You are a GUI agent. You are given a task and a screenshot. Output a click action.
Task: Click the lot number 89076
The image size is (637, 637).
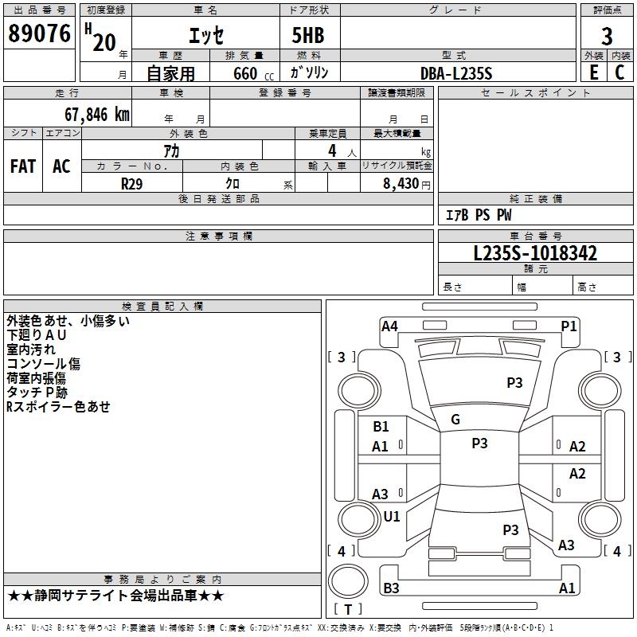(39, 33)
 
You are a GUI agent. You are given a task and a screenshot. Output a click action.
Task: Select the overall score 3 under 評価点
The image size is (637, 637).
(607, 37)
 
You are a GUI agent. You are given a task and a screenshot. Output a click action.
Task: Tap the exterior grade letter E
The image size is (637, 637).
(594, 72)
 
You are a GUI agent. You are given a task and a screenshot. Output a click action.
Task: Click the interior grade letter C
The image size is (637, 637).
(619, 72)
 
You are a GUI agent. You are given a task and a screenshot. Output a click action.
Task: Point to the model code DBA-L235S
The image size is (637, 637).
(456, 73)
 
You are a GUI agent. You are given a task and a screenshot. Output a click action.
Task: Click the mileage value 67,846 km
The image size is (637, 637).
(97, 115)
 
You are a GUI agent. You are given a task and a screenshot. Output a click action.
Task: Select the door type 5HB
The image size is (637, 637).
(308, 35)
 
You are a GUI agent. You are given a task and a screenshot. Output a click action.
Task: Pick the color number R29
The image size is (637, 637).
(131, 184)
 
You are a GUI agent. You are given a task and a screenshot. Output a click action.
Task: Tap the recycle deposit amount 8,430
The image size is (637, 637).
(401, 184)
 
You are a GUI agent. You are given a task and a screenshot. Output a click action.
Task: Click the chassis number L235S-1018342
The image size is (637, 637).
(535, 253)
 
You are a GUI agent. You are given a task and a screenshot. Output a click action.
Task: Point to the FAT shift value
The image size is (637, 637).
(23, 166)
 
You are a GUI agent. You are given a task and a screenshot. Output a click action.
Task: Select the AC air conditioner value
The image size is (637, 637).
(61, 166)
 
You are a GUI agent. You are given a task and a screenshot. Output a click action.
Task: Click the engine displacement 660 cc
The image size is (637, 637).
(253, 74)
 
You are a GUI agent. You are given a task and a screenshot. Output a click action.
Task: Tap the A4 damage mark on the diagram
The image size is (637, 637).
(389, 326)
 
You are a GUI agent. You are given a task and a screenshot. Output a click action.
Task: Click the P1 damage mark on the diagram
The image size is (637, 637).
(569, 326)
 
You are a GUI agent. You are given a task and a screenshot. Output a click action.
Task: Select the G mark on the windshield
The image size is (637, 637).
(455, 420)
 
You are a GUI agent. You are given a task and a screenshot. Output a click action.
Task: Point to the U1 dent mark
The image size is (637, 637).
(392, 516)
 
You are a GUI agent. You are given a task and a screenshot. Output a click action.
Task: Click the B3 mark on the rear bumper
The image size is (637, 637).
(391, 588)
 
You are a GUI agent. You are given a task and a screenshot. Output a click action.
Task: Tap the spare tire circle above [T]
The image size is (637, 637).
(348, 581)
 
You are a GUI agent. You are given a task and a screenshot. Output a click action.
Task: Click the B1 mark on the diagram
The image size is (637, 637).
(381, 427)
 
